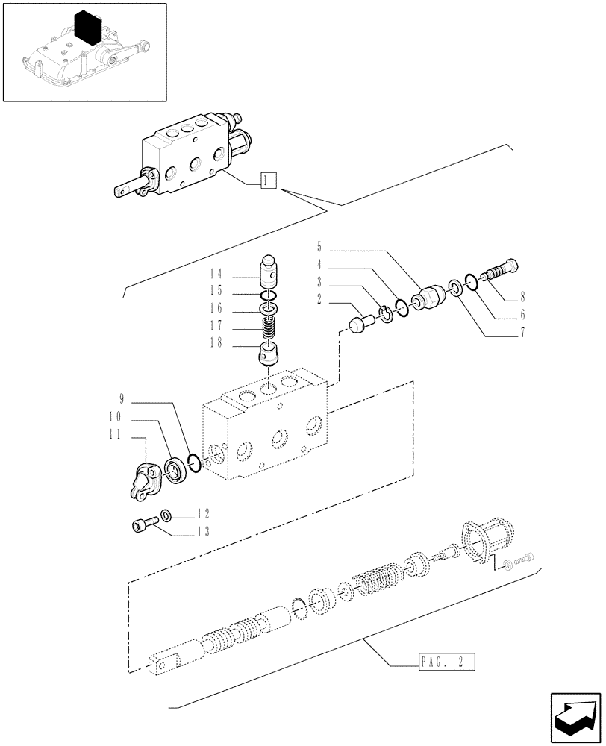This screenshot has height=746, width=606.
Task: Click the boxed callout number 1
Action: point(268,180)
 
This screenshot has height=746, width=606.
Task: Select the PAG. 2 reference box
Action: point(443,661)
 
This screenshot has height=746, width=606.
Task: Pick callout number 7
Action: point(522,333)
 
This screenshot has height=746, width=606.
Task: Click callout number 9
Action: point(121,398)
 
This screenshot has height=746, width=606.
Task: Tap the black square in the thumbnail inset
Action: point(88,30)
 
